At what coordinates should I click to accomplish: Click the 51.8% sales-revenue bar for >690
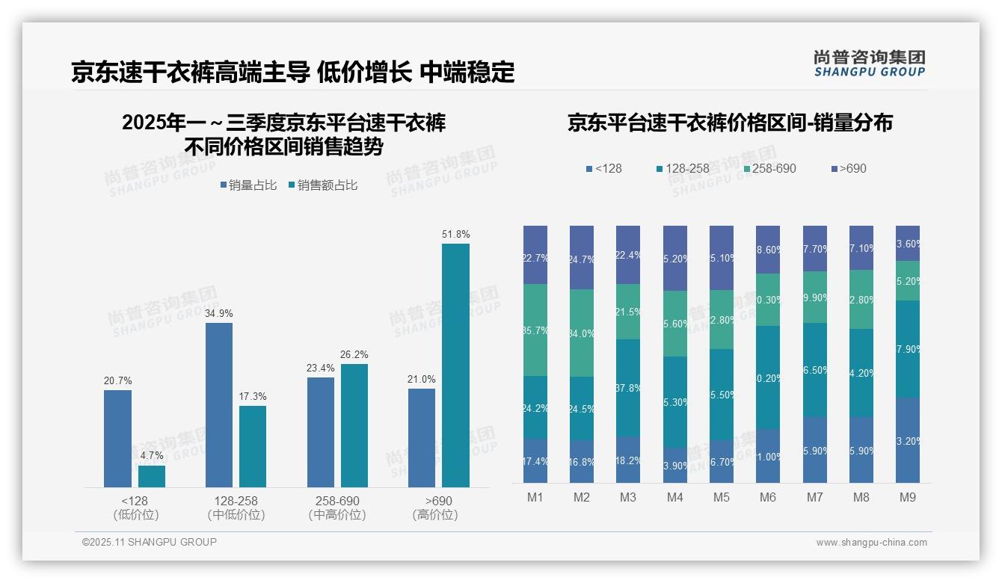(455, 365)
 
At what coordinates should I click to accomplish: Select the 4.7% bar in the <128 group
(152, 476)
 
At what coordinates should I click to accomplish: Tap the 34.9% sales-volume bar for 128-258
(218, 404)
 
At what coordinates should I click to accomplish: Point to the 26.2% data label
(354, 354)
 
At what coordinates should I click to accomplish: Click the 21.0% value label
(422, 380)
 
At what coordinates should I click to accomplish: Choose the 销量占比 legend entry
(248, 185)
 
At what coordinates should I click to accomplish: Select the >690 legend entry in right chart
(848, 168)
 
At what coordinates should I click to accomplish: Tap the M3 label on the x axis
(628, 497)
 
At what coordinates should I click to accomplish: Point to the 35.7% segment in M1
(535, 330)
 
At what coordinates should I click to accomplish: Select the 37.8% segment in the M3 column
(628, 388)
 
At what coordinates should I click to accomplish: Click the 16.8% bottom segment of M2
(582, 461)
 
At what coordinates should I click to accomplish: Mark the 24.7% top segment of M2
(582, 257)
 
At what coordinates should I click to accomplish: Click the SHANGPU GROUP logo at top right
(869, 64)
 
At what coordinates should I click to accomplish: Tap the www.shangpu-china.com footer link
(871, 543)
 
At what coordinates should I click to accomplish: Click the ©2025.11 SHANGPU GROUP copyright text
(150, 542)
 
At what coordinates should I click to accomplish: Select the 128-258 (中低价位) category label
(236, 508)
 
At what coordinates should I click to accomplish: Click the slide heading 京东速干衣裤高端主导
(190, 73)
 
